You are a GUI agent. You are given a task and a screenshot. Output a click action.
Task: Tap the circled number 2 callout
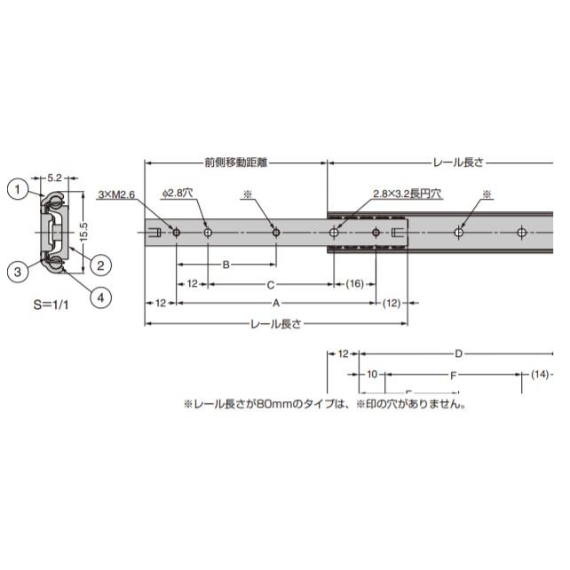100,263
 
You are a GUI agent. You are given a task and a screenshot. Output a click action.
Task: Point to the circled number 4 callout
100,298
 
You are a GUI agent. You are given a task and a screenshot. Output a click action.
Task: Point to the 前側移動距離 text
235,163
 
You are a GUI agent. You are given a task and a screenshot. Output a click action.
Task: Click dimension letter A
276,304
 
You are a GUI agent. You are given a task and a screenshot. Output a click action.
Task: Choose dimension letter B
226,265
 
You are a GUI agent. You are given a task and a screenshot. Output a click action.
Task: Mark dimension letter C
270,284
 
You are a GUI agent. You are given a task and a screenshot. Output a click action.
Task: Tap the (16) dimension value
354,284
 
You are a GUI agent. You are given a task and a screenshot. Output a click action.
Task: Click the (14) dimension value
541,376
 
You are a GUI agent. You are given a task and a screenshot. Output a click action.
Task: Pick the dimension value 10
372,376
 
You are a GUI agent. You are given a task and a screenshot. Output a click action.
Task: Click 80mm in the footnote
270,404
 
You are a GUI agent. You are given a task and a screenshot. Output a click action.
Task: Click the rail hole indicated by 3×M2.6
177,233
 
